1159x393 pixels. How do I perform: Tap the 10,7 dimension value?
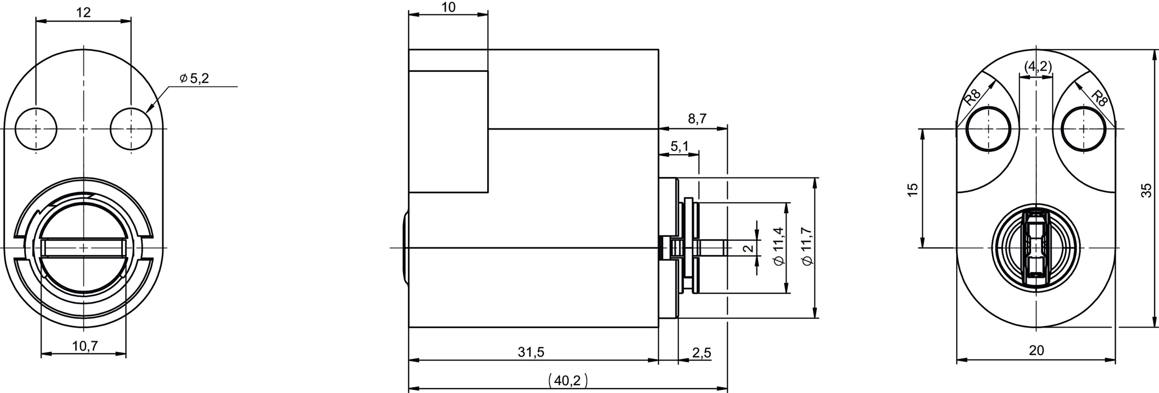click(x=85, y=346)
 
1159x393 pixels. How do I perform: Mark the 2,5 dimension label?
click(x=702, y=353)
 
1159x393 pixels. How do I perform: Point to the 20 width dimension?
click(x=1036, y=350)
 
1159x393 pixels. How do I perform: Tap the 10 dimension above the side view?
click(x=449, y=7)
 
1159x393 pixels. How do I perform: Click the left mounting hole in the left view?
click(x=36, y=129)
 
